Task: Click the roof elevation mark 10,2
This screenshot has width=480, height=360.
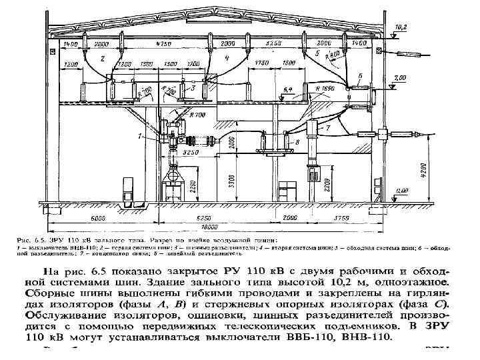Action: point(401,27)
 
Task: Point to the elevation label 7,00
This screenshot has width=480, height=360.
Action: point(399,78)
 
